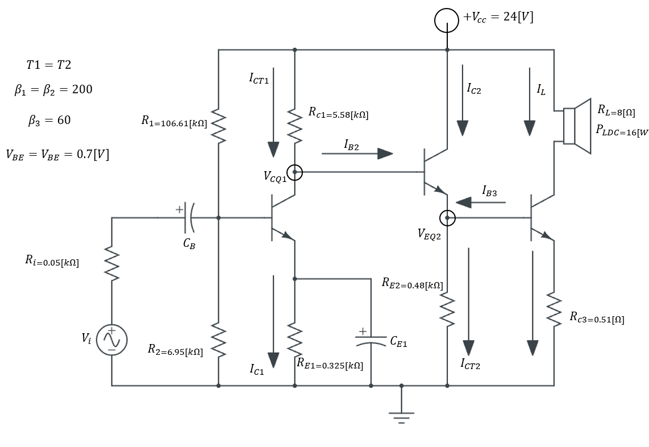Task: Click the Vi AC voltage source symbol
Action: [x=111, y=340]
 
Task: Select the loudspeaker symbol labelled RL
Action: [x=576, y=126]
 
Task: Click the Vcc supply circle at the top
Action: [x=447, y=20]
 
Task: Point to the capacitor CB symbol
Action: [x=189, y=218]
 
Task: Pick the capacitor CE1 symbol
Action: [x=371, y=340]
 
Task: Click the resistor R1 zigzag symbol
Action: [x=219, y=126]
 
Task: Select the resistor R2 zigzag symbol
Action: [x=219, y=340]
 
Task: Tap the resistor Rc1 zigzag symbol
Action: [x=294, y=126]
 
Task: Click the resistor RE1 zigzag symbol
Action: [x=294, y=340]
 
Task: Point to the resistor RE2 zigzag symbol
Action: [x=447, y=310]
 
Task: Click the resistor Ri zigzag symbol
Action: [x=112, y=264]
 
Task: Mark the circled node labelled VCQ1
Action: [x=294, y=172]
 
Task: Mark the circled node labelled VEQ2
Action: [x=447, y=217]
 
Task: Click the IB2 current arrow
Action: [x=357, y=154]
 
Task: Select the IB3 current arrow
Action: [x=480, y=202]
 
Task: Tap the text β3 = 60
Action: [x=49, y=121]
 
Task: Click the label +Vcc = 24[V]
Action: [x=498, y=17]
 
